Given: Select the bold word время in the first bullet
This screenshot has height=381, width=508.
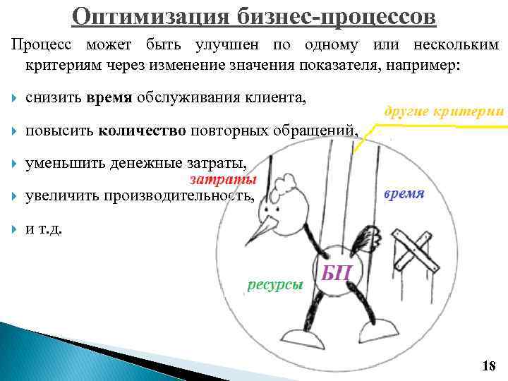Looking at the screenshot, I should click(x=109, y=99).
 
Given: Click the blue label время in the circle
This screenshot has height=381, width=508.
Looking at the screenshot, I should click(x=404, y=194).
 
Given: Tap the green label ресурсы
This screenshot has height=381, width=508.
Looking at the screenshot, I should click(x=275, y=284).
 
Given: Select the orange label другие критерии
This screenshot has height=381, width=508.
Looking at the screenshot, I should click(x=444, y=111).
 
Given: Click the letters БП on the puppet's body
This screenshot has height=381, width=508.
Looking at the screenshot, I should click(x=337, y=272).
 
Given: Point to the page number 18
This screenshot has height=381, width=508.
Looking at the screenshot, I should click(x=488, y=365).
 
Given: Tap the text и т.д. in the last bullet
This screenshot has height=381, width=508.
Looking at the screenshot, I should click(x=44, y=227).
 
